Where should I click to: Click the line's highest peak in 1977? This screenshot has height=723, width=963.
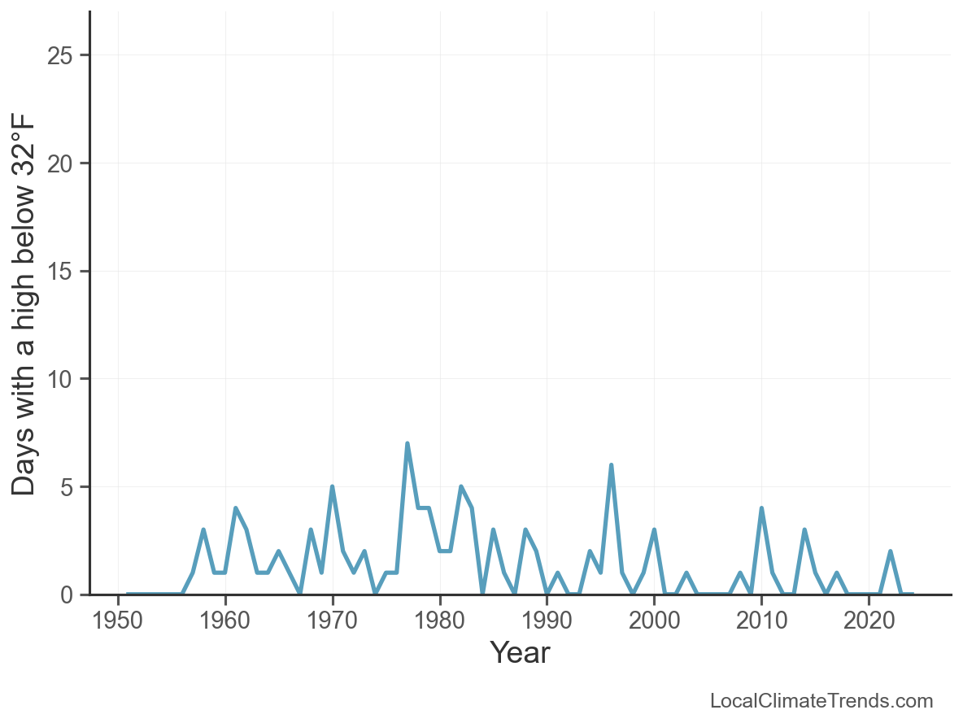[x=407, y=444]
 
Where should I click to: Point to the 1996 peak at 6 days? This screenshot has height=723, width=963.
[x=611, y=465]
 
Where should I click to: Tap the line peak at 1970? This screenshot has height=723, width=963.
[x=333, y=487]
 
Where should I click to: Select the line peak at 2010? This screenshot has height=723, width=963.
[x=761, y=508]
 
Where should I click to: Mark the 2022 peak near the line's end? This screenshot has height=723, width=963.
[x=891, y=551]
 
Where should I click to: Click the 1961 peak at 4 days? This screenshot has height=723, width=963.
[x=236, y=508]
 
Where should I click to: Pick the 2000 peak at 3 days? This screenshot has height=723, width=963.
[x=654, y=530]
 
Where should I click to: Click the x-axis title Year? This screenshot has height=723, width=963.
[x=520, y=653]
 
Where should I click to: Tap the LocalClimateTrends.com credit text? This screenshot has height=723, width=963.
[x=821, y=701]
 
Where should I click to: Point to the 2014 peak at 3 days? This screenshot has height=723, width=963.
[x=804, y=530]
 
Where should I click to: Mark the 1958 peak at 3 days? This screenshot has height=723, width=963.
[x=203, y=530]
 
